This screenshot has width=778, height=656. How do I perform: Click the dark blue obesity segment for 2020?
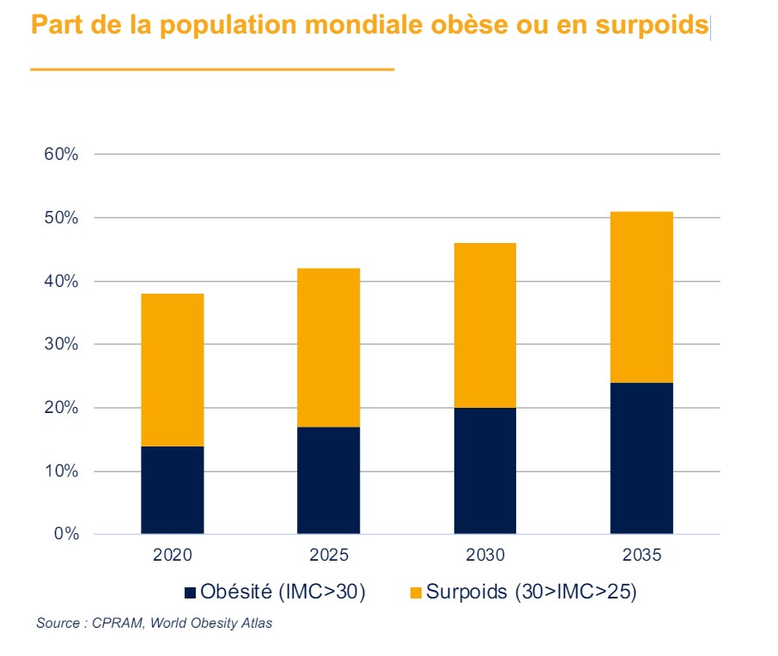click(x=172, y=489)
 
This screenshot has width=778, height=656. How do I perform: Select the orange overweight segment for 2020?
click(x=172, y=370)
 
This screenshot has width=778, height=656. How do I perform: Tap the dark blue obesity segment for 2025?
click(x=328, y=480)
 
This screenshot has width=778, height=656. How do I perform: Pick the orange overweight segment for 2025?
click(x=328, y=348)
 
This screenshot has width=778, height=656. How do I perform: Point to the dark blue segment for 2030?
click(x=484, y=471)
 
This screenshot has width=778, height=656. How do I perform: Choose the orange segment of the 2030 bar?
click(x=484, y=325)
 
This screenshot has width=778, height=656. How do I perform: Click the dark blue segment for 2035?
click(x=641, y=458)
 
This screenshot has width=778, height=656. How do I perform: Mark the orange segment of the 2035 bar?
click(x=641, y=297)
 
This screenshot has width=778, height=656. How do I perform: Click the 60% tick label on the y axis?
click(x=61, y=155)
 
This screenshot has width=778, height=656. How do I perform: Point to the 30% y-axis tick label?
click(x=61, y=344)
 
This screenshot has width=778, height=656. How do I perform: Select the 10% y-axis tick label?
click(x=61, y=471)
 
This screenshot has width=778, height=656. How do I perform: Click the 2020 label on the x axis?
click(x=172, y=556)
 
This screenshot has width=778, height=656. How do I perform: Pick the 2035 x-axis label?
click(x=641, y=556)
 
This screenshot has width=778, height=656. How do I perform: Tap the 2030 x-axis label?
click(x=484, y=556)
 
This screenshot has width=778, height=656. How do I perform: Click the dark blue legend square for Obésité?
click(x=190, y=592)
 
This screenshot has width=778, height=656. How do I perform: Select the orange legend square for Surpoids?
click(x=416, y=592)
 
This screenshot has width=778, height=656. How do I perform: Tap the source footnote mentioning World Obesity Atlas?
click(x=155, y=623)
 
